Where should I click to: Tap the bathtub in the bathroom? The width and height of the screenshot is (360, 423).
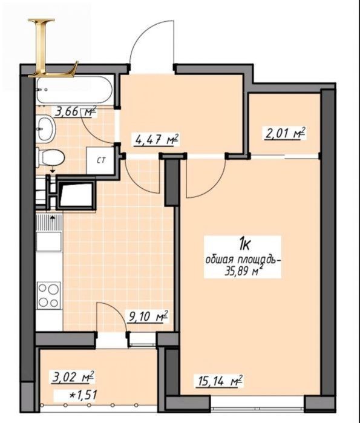pos(74,90)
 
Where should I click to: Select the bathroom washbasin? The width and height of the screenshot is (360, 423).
pos(46,129)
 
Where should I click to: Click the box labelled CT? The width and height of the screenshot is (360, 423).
pos(100,161)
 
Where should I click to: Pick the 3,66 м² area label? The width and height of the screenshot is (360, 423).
pos(75,111)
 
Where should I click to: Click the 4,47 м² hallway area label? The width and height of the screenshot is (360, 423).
pos(157,140)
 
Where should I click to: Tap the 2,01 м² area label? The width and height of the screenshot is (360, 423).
pos(284,134)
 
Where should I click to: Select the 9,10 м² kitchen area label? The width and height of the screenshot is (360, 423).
pos(148,316)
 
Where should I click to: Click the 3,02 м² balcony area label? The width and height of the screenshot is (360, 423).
pos(73,376)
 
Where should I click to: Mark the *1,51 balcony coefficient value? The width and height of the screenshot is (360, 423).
pos(82,395)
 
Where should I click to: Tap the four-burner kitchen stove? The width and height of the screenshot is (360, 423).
pos(48,295)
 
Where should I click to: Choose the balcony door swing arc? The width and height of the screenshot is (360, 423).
pos(117,310)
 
